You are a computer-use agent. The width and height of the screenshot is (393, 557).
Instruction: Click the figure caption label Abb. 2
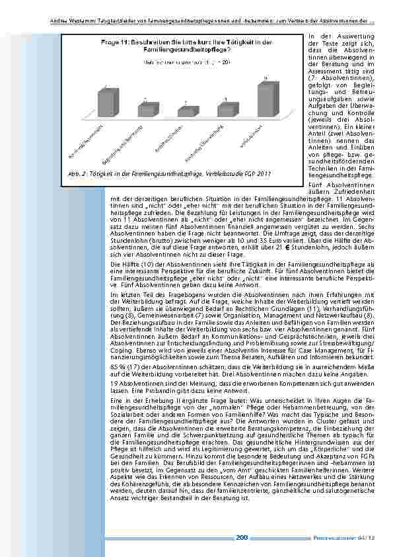[x=79, y=174]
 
